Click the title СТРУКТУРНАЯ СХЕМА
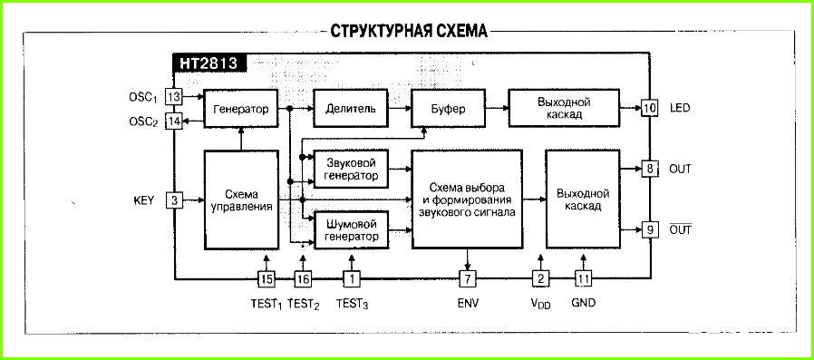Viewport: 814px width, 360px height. (x=409, y=31)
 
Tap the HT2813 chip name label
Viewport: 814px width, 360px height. (x=208, y=63)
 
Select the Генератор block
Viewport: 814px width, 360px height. (x=241, y=108)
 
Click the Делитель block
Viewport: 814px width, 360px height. (x=351, y=108)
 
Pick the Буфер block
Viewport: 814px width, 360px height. (x=448, y=108)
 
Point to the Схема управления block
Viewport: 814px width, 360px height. (x=241, y=200)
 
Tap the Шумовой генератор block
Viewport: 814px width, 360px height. (x=352, y=230)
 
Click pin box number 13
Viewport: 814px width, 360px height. (x=174, y=96)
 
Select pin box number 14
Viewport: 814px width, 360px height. (x=174, y=122)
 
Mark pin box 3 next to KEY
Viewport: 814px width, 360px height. (x=174, y=200)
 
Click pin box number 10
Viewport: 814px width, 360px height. (x=649, y=108)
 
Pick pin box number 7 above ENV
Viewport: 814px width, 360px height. (x=467, y=279)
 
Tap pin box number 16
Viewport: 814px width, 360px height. (x=303, y=279)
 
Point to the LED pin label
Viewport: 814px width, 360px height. (x=680, y=108)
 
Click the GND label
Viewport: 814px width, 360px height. (x=583, y=302)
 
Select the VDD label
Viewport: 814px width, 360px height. (x=540, y=304)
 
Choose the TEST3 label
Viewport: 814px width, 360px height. (x=352, y=304)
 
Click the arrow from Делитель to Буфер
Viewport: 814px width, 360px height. (x=400, y=108)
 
